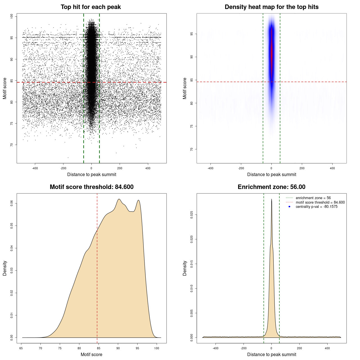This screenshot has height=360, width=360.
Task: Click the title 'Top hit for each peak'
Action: coord(91,7)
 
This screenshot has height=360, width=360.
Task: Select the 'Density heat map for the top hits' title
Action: coord(271,7)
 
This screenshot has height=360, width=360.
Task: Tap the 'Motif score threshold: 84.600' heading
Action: coord(91,187)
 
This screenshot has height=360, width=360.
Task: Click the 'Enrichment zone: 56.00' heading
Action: coord(271,187)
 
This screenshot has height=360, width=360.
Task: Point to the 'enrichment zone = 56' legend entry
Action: coord(313,198)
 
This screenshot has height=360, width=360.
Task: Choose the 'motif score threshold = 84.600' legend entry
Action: coord(320,202)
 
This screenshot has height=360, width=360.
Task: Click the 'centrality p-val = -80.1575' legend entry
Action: coord(316,207)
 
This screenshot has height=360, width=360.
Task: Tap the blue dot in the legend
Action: coord(289,207)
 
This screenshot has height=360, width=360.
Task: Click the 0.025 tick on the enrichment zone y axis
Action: coord(192,215)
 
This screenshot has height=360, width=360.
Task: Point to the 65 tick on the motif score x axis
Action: coord(21,348)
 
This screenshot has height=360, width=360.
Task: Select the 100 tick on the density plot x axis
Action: coord(157,348)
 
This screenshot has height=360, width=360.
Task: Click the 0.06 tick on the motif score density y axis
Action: coord(12,203)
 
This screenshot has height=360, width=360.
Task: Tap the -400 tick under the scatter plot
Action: coord(35,168)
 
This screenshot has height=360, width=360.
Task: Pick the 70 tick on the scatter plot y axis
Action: coord(12,145)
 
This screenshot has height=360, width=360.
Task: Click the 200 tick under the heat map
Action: coord(302,168)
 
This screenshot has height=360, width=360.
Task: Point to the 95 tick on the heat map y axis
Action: coord(192,34)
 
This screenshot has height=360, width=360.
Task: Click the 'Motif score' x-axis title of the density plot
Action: coord(91,354)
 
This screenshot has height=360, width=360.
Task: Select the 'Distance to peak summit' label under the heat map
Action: coord(271,174)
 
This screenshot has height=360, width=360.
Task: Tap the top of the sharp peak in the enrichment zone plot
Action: coord(271,199)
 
